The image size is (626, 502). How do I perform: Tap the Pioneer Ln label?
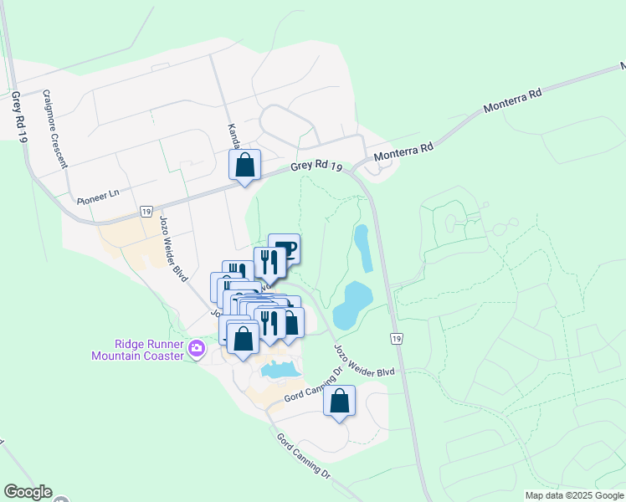pyautogui.click(x=98, y=197)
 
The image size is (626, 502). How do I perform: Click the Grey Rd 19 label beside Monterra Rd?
pyautogui.click(x=317, y=166)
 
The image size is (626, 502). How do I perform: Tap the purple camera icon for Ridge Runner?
pyautogui.click(x=197, y=347)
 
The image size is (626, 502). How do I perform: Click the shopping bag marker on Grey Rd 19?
pyautogui.click(x=244, y=165)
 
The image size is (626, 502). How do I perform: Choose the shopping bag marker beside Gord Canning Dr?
pyautogui.click(x=339, y=401)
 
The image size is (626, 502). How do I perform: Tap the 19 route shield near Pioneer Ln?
pyautogui.click(x=146, y=211)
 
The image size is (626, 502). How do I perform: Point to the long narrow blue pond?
pyautogui.click(x=363, y=248)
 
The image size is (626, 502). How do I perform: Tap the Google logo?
pyautogui.click(x=28, y=492)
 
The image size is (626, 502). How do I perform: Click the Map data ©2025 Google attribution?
pyautogui.click(x=573, y=495)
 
